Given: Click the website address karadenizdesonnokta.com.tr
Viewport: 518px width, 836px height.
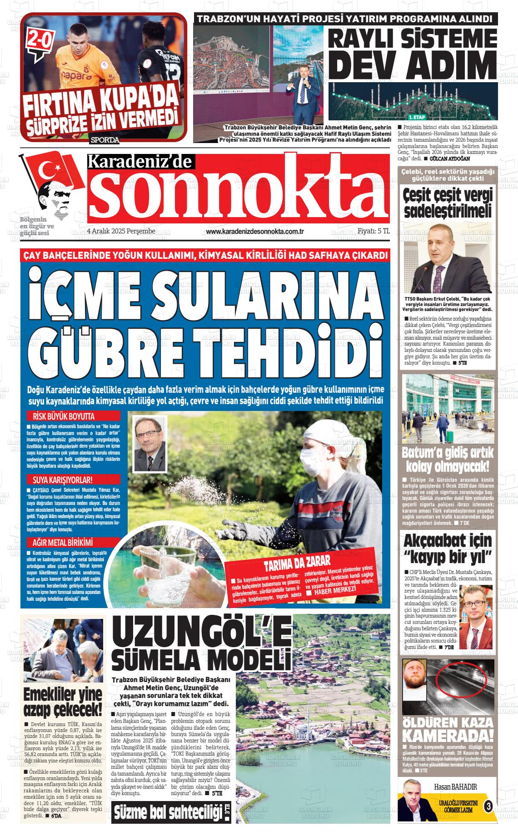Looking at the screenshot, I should (x=254, y=232).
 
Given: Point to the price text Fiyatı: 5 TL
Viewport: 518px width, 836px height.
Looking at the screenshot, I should (x=374, y=231).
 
